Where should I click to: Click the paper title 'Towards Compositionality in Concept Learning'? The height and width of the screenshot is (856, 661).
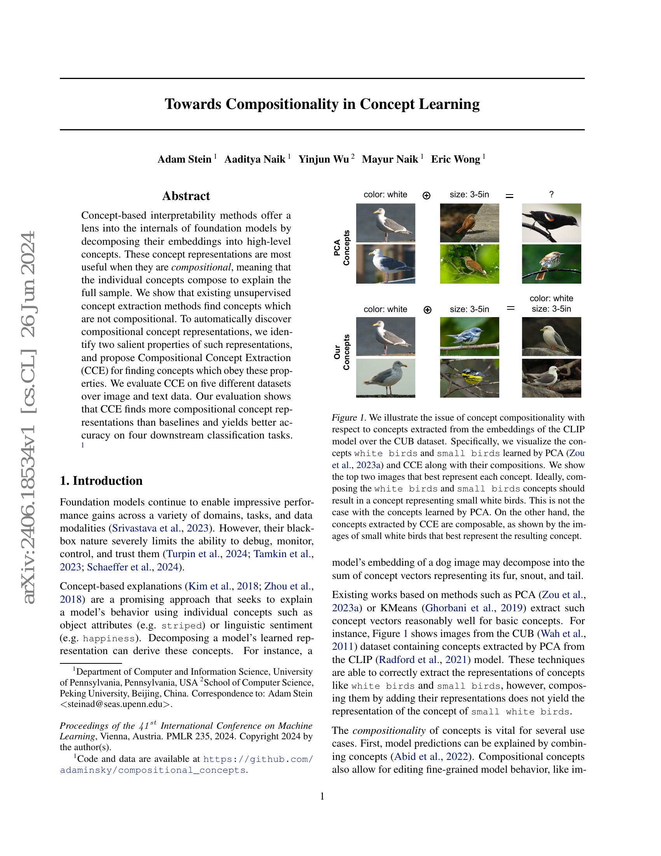click(322, 104)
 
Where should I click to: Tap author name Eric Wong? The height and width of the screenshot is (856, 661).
click(455, 159)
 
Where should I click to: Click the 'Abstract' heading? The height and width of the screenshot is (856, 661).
click(186, 196)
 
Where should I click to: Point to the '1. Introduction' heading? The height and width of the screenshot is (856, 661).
click(101, 481)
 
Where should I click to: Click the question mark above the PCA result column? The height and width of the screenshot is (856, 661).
click(551, 195)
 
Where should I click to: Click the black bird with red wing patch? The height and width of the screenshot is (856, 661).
click(551, 223)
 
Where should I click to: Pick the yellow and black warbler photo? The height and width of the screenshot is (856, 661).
click(470, 378)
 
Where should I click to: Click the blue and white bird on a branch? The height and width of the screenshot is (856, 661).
click(470, 336)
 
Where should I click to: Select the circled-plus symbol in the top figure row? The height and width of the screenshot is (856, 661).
click(427, 195)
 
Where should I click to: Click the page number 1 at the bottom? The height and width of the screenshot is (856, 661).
click(322, 796)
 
